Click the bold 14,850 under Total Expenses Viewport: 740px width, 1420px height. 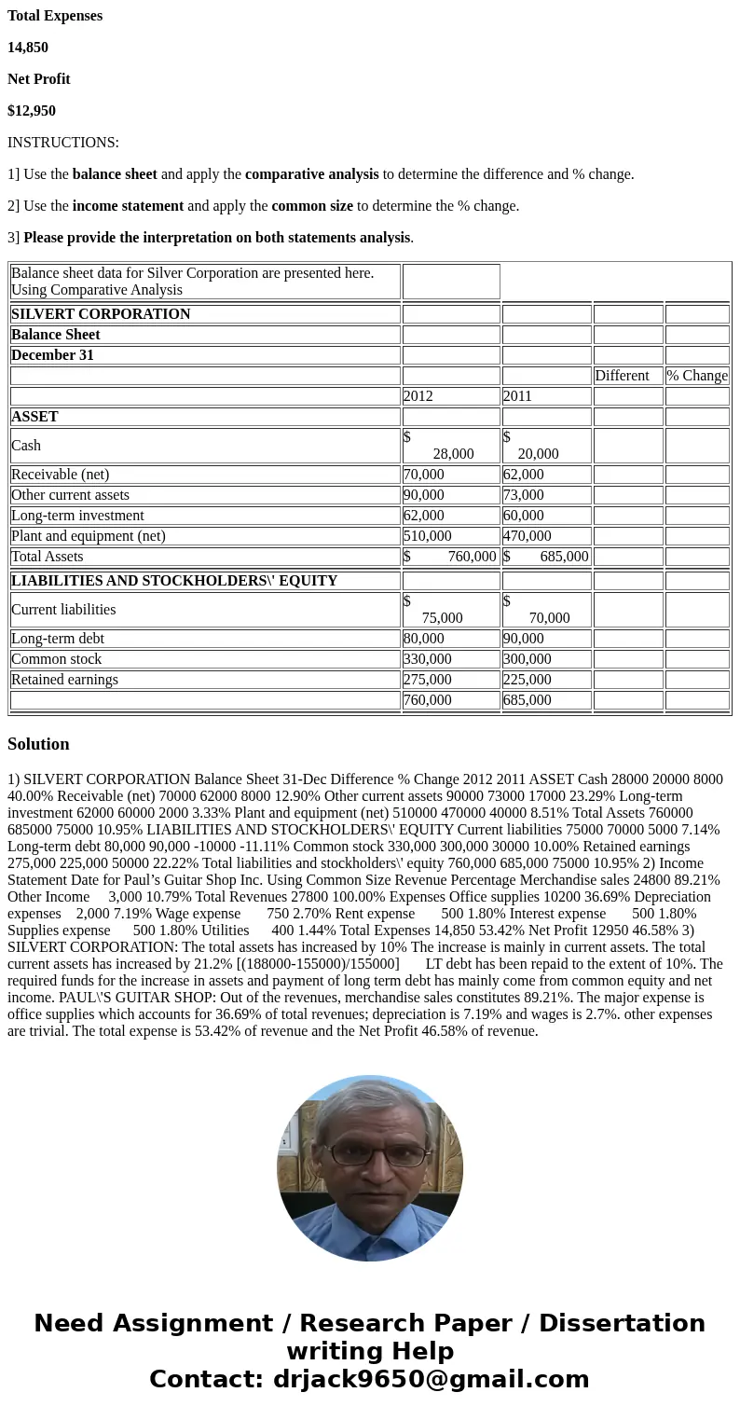28,48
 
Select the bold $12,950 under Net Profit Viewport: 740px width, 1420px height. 32,111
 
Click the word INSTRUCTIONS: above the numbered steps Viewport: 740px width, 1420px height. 63,143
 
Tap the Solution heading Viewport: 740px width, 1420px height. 38,744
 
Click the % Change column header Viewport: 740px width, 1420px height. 697,376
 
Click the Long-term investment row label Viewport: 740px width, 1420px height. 77,516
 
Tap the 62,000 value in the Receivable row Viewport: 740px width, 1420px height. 524,475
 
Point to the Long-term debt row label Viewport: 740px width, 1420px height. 58,639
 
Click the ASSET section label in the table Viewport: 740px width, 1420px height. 34,417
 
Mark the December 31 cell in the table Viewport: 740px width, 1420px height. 52,355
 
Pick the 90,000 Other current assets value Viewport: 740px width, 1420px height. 424,495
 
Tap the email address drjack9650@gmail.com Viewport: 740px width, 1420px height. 431,1379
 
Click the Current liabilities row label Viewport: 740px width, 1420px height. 63,610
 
